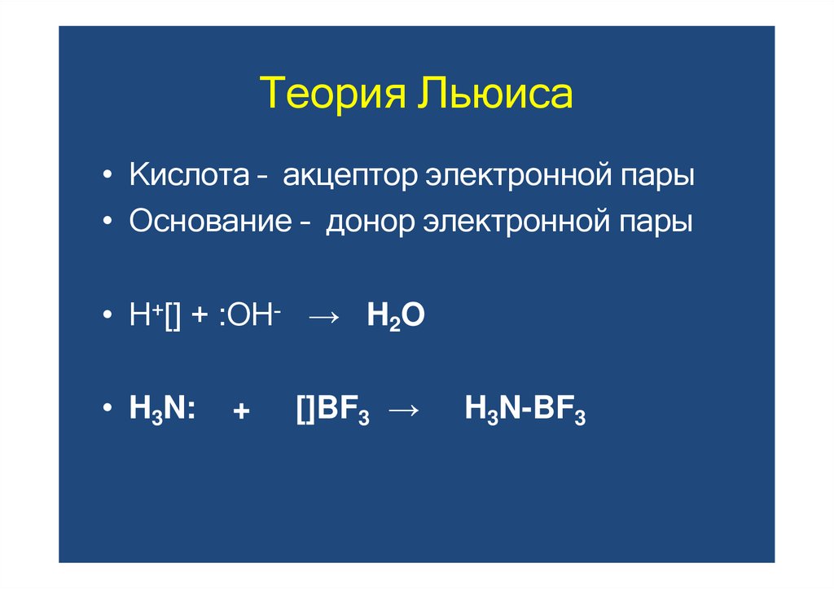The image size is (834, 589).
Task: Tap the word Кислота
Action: click(x=188, y=177)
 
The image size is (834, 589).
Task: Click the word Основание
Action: click(x=210, y=222)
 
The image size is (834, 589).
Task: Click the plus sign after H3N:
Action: click(x=240, y=412)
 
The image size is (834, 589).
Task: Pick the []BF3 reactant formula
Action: click(x=333, y=411)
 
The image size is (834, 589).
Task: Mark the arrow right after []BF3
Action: click(x=402, y=411)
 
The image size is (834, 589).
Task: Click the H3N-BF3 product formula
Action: click(x=525, y=411)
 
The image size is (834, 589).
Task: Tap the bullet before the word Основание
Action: click(x=108, y=222)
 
